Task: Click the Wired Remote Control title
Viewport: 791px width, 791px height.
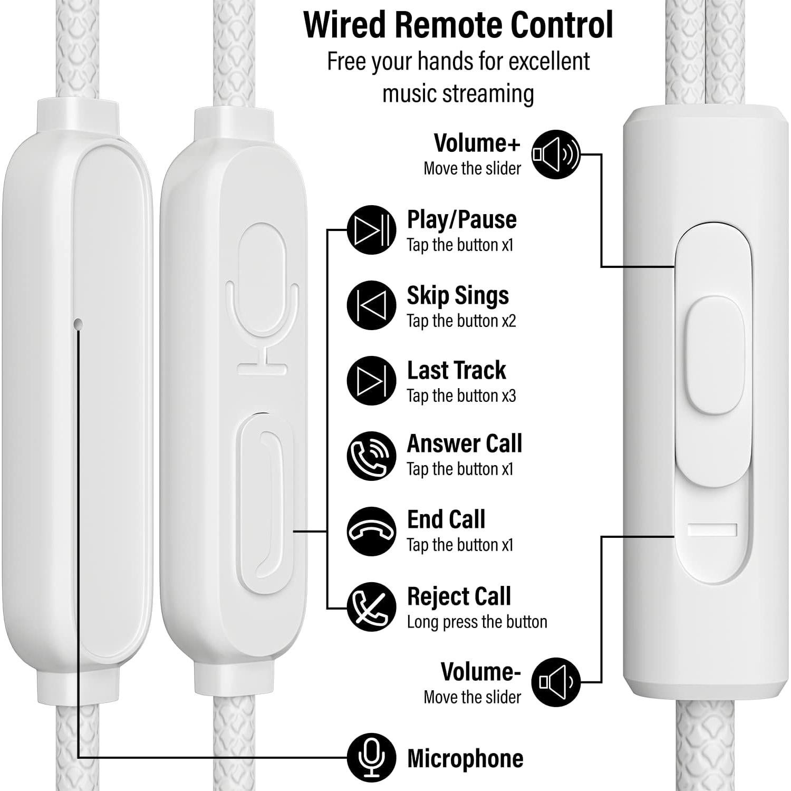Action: tap(458, 25)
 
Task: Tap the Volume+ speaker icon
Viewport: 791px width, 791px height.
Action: tap(555, 155)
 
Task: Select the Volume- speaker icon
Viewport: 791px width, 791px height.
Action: tap(555, 682)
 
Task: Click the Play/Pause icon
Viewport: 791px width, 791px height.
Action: tap(371, 230)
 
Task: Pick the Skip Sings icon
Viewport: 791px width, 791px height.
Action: tap(371, 305)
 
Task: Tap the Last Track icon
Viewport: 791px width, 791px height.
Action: tap(371, 380)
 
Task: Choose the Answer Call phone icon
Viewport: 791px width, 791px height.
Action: tap(371, 456)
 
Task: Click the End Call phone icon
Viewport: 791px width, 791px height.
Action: tap(371, 532)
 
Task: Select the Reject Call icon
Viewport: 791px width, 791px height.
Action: tap(371, 607)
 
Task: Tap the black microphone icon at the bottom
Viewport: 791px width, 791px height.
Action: tap(371, 757)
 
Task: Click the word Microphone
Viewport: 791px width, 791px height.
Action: tap(465, 758)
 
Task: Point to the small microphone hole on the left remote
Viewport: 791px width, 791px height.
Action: tap(79, 323)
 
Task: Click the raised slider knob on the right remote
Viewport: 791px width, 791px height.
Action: tap(715, 355)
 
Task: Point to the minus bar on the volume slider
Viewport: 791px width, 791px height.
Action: tap(712, 529)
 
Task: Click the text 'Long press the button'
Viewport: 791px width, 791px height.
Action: tap(477, 622)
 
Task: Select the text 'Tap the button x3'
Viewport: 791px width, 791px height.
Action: tap(461, 396)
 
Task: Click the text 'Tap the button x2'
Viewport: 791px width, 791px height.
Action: tap(461, 321)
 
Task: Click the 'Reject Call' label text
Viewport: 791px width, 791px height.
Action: tap(459, 596)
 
